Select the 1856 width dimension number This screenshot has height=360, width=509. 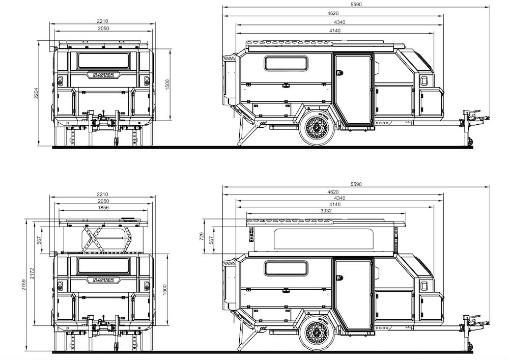coord(103,208)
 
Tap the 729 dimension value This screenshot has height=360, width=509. coord(202,236)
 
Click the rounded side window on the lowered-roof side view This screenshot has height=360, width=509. coord(286,64)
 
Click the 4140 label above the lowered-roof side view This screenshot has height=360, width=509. coord(334,31)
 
